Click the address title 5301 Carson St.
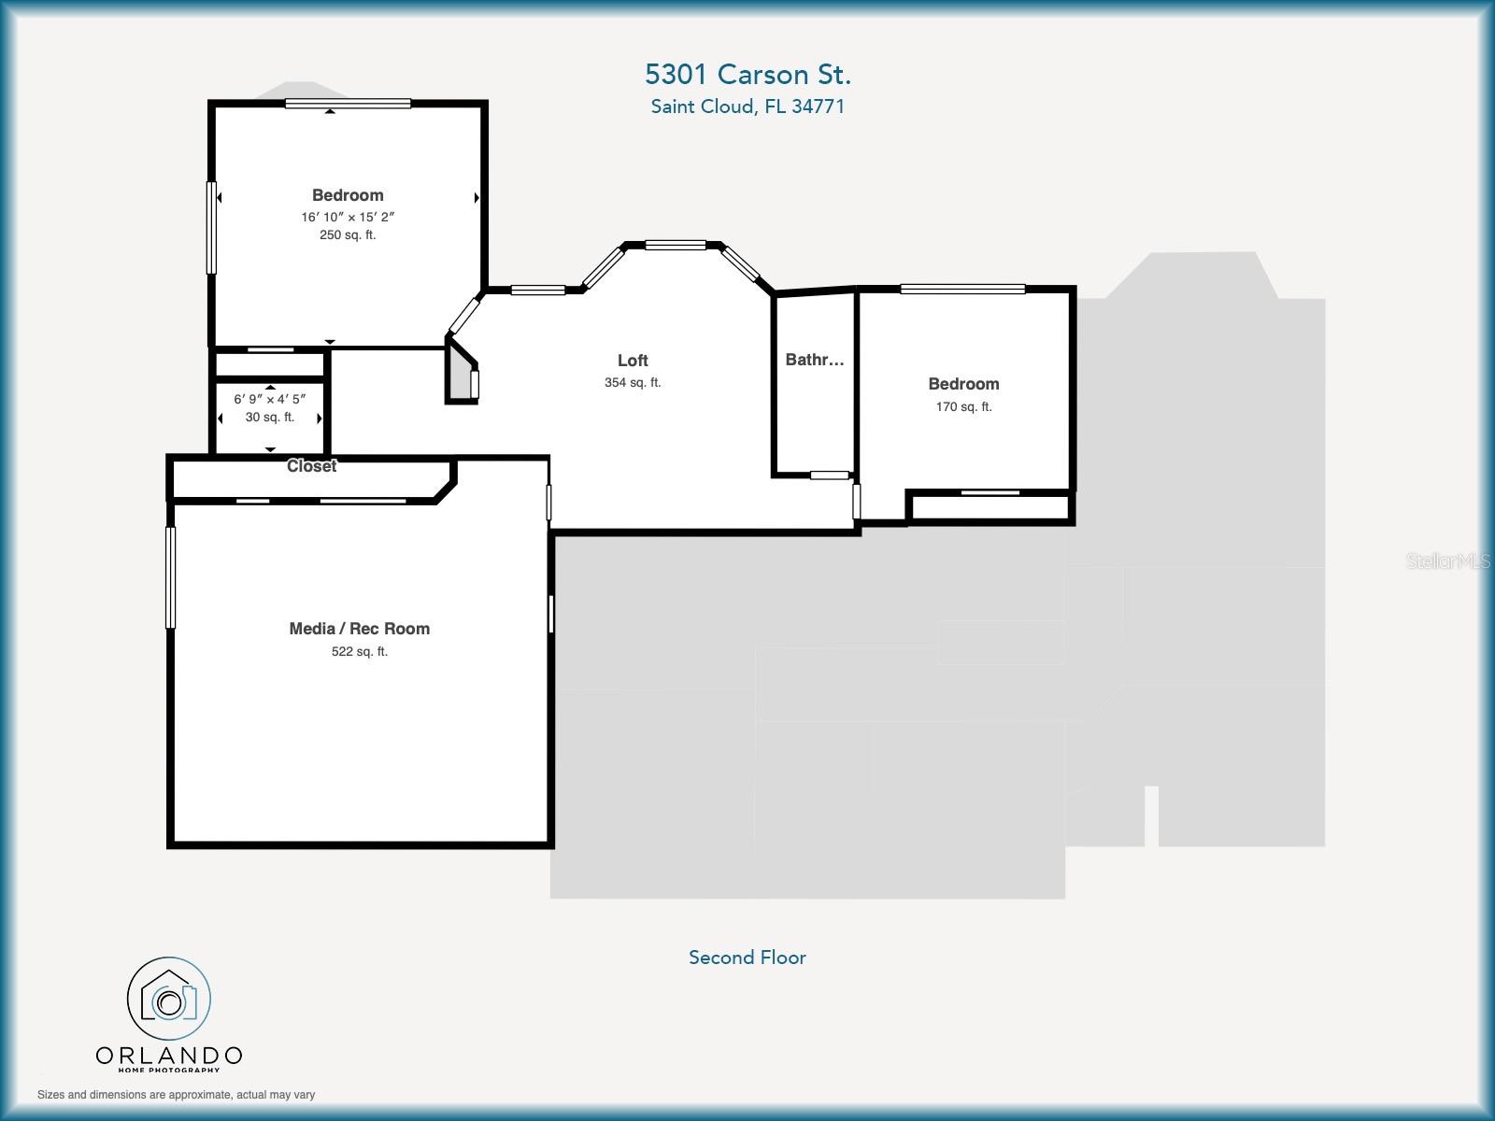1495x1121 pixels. [x=747, y=74]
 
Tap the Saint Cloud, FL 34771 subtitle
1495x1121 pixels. [x=747, y=106]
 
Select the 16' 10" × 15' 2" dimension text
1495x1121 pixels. [x=348, y=217]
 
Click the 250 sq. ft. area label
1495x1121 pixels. [x=348, y=235]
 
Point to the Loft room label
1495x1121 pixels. [x=633, y=361]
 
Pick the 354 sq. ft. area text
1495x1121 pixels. [x=633, y=383]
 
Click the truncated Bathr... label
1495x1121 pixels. [x=815, y=360]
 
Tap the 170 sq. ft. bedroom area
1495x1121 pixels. [x=963, y=407]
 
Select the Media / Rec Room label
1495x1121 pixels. [x=359, y=629]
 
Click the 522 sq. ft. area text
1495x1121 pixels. [x=359, y=652]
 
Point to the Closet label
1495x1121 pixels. [x=311, y=466]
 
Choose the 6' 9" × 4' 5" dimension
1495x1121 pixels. [x=270, y=399]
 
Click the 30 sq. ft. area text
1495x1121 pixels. [x=270, y=418]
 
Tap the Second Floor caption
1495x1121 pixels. [x=747, y=958]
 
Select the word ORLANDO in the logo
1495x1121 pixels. [x=169, y=1056]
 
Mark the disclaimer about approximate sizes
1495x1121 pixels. [x=176, y=1095]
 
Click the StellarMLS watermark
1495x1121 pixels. [x=1447, y=561]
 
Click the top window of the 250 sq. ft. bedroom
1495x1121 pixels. [x=348, y=104]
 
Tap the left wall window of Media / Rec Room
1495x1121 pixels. [x=171, y=577]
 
